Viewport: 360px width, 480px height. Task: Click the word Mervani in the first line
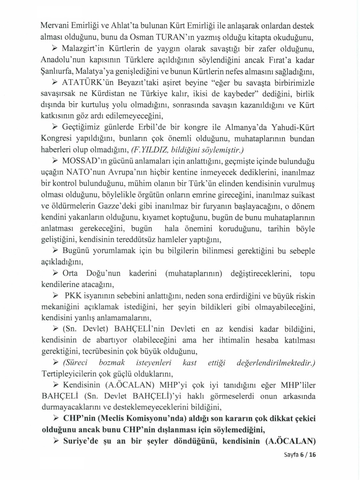[x=54, y=26]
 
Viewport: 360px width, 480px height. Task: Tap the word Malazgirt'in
[x=84, y=48]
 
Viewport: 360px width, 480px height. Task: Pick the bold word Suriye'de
[x=81, y=441]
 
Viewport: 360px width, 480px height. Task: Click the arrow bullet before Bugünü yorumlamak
[x=56, y=251]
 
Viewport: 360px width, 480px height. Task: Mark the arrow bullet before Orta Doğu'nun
[x=56, y=273]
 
